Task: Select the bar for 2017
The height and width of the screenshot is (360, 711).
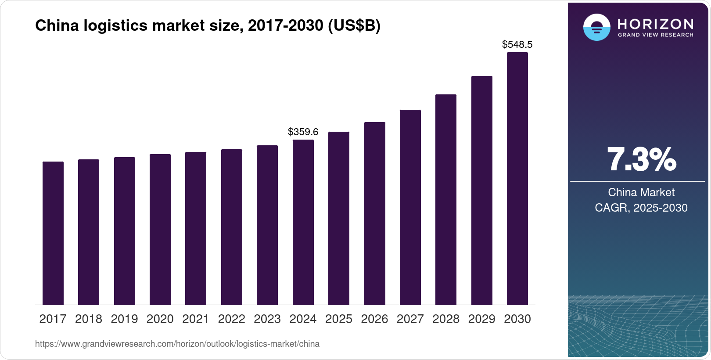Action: point(53,233)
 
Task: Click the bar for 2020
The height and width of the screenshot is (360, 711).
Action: point(160,229)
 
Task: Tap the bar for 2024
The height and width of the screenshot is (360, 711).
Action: point(303,222)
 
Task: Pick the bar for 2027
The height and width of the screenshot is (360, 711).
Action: point(410,207)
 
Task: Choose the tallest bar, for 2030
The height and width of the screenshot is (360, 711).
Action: point(517,179)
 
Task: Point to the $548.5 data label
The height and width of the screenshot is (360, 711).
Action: point(517,44)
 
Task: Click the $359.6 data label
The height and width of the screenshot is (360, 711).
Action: point(303,132)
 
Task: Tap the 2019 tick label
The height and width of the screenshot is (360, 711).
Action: point(124,319)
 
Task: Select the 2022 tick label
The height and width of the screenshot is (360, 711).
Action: point(232,319)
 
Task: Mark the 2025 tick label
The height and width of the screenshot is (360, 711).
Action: point(339,319)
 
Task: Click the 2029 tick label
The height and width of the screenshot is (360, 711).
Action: point(481,319)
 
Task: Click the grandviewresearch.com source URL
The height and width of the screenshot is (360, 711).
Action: point(177,344)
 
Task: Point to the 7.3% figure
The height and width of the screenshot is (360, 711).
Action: point(641,159)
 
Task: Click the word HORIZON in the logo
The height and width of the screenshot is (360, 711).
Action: point(655,24)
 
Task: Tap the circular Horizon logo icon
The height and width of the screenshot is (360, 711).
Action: point(596,27)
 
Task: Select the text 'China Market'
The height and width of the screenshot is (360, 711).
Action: point(641,192)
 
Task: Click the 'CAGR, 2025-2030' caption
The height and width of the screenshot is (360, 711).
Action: point(641,208)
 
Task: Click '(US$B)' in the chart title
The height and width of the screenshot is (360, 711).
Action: point(354,26)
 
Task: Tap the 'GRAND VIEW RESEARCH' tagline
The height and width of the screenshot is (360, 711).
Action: point(655,35)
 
